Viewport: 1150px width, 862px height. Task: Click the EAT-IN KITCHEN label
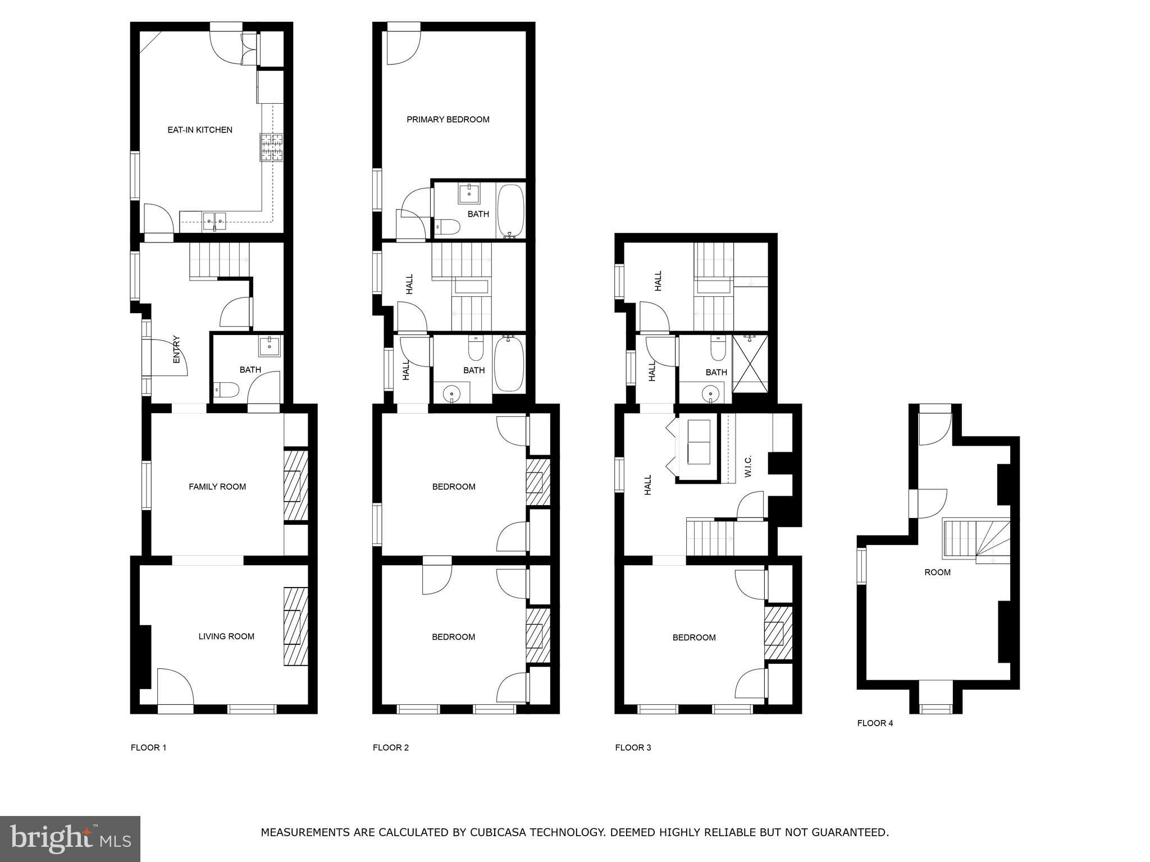200,130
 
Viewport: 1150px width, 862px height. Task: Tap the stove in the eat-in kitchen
272,148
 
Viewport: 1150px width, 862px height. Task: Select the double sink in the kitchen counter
215,221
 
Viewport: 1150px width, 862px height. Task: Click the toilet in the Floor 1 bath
226,389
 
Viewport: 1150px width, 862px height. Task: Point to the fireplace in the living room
296,626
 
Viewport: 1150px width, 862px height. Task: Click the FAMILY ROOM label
217,487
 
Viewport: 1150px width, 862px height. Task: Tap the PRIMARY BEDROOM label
448,119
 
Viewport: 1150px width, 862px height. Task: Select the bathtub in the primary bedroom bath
510,211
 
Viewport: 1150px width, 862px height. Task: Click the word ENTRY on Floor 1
176,349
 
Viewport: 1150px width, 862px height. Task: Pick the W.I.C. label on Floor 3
748,466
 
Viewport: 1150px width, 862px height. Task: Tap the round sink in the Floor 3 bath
711,393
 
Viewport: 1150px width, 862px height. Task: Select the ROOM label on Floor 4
937,572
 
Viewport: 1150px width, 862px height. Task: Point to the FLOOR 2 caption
391,748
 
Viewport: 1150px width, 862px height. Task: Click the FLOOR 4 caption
875,723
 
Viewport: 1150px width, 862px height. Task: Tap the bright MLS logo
70,838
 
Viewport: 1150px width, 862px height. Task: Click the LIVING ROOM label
226,636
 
